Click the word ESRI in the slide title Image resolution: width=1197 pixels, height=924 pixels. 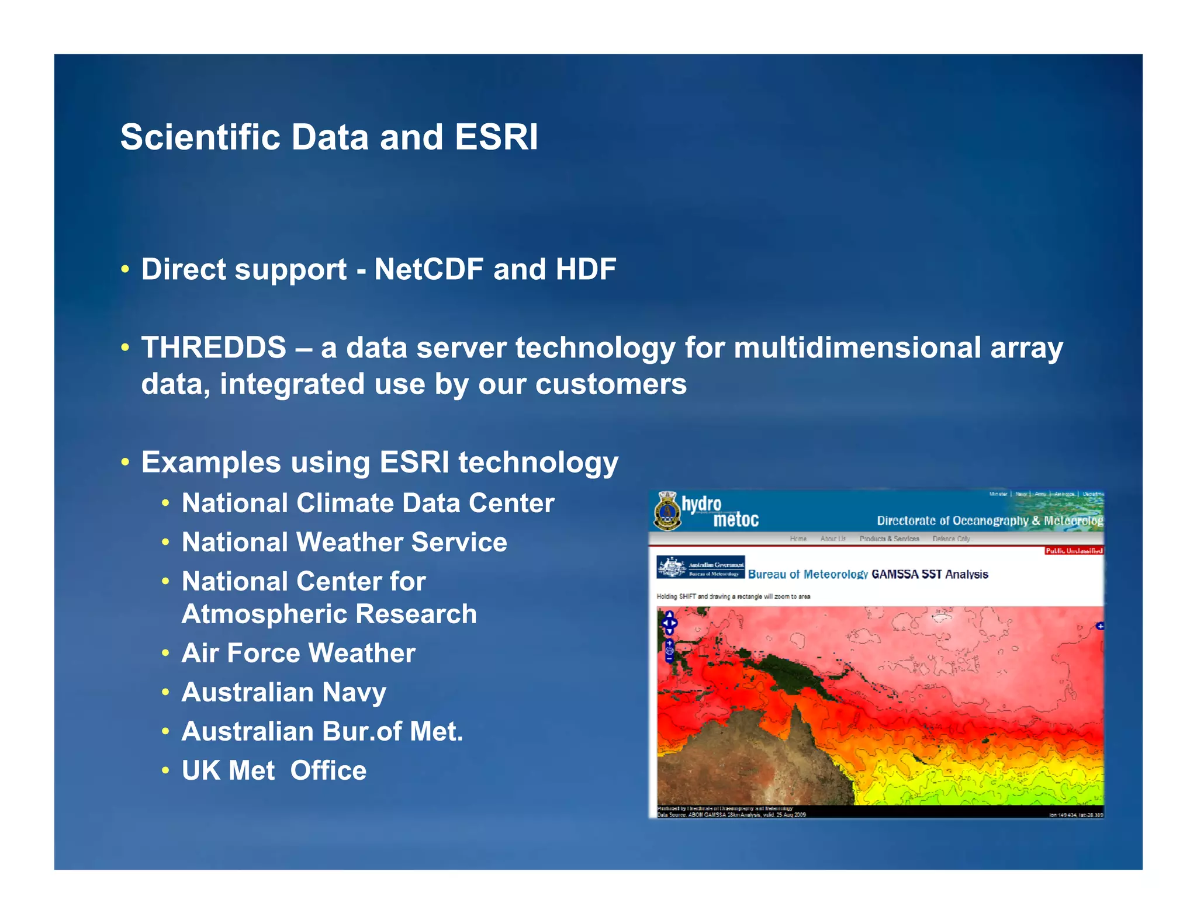pyautogui.click(x=496, y=138)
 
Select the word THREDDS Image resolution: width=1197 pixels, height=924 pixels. pyautogui.click(x=214, y=348)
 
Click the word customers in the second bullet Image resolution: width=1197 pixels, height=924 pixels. pyautogui.click(x=611, y=385)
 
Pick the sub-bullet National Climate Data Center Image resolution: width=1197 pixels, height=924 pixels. pyautogui.click(x=368, y=503)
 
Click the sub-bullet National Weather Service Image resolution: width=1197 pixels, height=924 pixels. pyautogui.click(x=344, y=543)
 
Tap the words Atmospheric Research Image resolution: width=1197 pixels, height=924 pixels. pyautogui.click(x=329, y=614)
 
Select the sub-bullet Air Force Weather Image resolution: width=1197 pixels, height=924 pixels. pyautogui.click(x=298, y=654)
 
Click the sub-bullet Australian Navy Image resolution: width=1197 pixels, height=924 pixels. pyautogui.click(x=284, y=693)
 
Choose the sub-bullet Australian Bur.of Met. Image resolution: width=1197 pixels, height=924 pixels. pyautogui.click(x=322, y=732)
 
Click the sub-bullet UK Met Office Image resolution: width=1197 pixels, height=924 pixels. pyautogui.click(x=274, y=771)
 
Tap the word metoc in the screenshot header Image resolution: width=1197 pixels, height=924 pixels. pyautogui.click(x=735, y=520)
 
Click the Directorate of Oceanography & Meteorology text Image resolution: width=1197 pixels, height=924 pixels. pyautogui.click(x=989, y=520)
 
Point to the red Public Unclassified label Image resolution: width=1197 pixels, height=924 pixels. pyautogui.click(x=1074, y=551)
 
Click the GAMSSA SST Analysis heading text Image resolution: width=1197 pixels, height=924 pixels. pyautogui.click(x=929, y=575)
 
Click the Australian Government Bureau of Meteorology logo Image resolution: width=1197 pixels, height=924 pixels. pyautogui.click(x=700, y=567)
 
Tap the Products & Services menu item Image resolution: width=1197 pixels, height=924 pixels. pyautogui.click(x=889, y=539)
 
